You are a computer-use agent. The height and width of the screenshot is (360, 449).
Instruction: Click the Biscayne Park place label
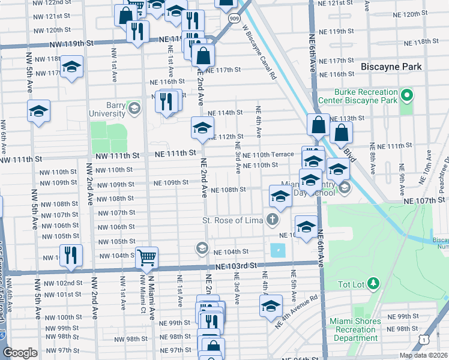pyautogui.click(x=392, y=67)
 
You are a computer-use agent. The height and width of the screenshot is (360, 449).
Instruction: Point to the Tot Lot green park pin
pyautogui.click(x=373, y=282)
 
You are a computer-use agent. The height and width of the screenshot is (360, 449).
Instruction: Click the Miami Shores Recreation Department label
pyautogui.click(x=355, y=329)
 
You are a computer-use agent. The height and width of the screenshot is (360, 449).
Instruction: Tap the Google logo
pyautogui.click(x=20, y=353)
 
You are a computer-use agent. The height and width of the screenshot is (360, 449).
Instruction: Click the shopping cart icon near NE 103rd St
pyautogui.click(x=146, y=258)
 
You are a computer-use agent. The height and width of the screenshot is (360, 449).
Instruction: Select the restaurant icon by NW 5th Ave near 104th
pyautogui.click(x=71, y=255)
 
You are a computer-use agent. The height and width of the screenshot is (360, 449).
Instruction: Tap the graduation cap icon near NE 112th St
pyautogui.click(x=202, y=127)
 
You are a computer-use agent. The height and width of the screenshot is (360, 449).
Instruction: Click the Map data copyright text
pyautogui.click(x=423, y=355)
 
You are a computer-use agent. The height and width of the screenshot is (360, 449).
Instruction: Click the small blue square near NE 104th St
pyautogui.click(x=277, y=250)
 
